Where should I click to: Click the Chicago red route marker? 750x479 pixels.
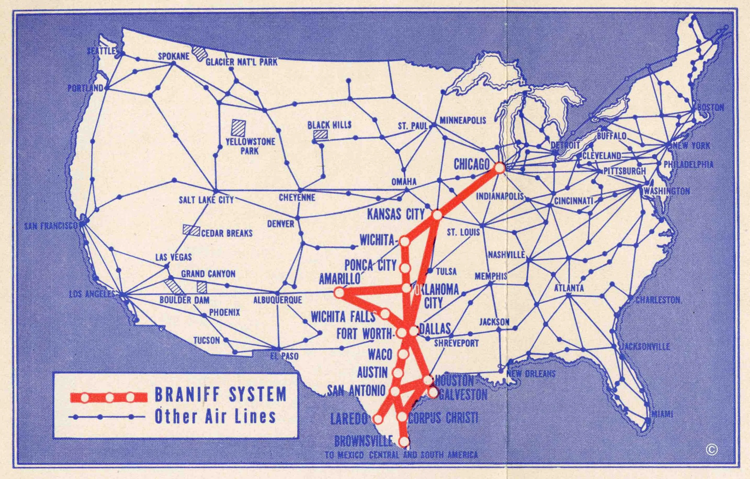point(499,168)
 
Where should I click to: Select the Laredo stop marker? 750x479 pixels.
point(377,419)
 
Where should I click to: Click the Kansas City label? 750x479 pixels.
point(396,214)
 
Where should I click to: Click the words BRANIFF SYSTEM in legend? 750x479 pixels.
point(220,394)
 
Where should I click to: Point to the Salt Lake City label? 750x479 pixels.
point(206,200)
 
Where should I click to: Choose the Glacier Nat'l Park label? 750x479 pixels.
point(241,62)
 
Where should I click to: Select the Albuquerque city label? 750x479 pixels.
point(277,300)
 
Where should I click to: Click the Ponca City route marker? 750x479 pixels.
point(405,268)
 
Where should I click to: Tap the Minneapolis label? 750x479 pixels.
point(463,120)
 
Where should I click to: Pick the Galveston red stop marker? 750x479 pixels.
point(433,393)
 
